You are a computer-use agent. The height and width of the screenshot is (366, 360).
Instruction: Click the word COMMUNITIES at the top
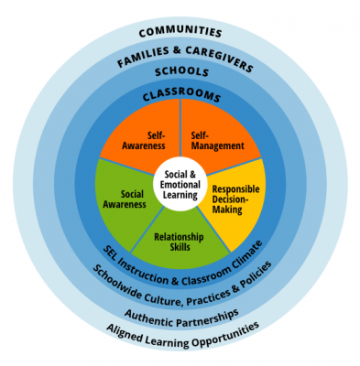tap(180, 33)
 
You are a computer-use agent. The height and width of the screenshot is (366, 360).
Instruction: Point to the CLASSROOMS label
tap(180, 94)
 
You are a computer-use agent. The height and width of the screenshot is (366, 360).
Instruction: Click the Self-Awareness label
tap(143, 138)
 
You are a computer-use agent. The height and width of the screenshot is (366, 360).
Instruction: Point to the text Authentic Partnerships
tap(182, 315)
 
